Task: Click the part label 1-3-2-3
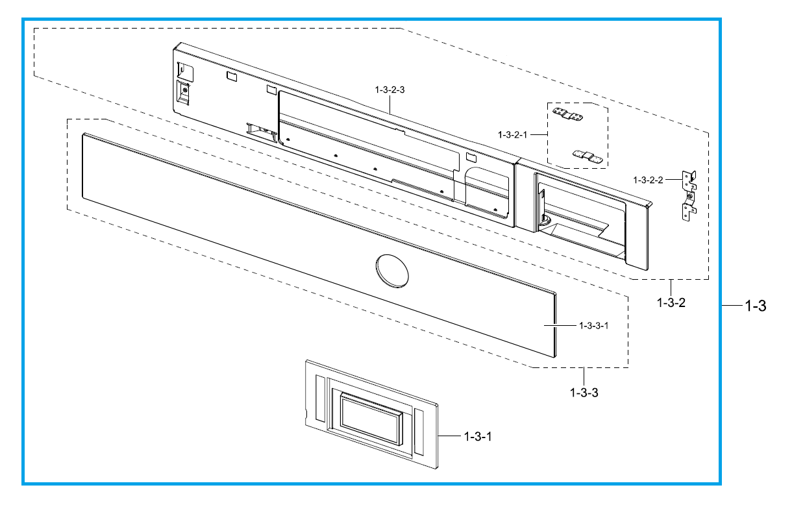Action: pyautogui.click(x=390, y=90)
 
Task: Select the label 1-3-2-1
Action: pyautogui.click(x=512, y=135)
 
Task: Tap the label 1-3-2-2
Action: pyautogui.click(x=648, y=180)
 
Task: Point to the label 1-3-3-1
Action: pyautogui.click(x=593, y=326)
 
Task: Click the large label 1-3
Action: pyautogui.click(x=756, y=306)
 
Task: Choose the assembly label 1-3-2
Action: pyautogui.click(x=671, y=302)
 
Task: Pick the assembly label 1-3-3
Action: pyautogui.click(x=584, y=393)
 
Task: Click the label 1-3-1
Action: pyautogui.click(x=478, y=437)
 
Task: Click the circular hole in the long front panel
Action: pyautogui.click(x=392, y=271)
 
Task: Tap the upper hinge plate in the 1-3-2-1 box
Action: pyautogui.click(x=567, y=114)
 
